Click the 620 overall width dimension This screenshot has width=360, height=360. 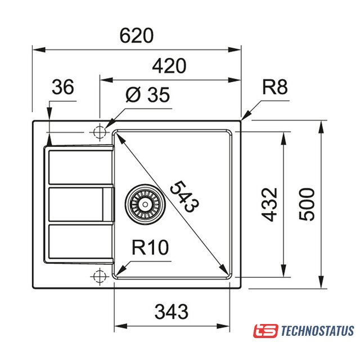coord(136,35)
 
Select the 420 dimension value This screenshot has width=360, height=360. coord(169,66)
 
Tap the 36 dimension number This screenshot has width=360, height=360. coord(63,87)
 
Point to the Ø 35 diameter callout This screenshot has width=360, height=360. coord(147,94)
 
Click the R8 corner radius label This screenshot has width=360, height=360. coord(275,87)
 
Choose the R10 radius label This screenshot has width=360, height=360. coord(150,247)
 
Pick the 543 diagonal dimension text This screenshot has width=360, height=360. coord(184,196)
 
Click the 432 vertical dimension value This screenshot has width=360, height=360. coord(269,205)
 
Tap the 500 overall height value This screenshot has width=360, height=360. coord(307,204)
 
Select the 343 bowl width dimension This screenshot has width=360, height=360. coord(172,312)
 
